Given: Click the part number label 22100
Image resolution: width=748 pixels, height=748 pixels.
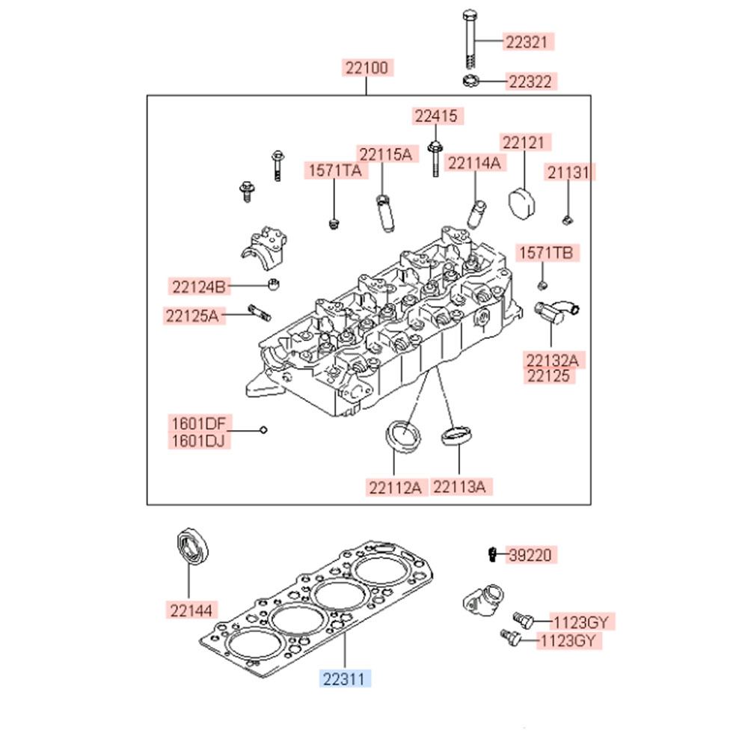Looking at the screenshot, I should pos(367,68).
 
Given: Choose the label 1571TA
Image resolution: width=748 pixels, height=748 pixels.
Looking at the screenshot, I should pos(336,171).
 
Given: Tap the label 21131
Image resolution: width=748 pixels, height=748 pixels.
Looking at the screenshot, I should pos(568,173).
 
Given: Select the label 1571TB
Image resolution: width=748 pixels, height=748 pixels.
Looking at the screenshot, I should pos(546,253).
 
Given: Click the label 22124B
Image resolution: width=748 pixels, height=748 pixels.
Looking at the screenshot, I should pos(198,286).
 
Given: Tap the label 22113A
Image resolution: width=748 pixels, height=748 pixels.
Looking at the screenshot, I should pos(461,488).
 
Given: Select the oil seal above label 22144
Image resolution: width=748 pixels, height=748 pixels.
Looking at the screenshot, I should pos(193,547).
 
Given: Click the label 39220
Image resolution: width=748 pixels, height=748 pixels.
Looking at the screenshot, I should pos(530,555).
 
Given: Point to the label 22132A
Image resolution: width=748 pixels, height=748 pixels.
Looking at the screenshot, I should pos(552,361).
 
